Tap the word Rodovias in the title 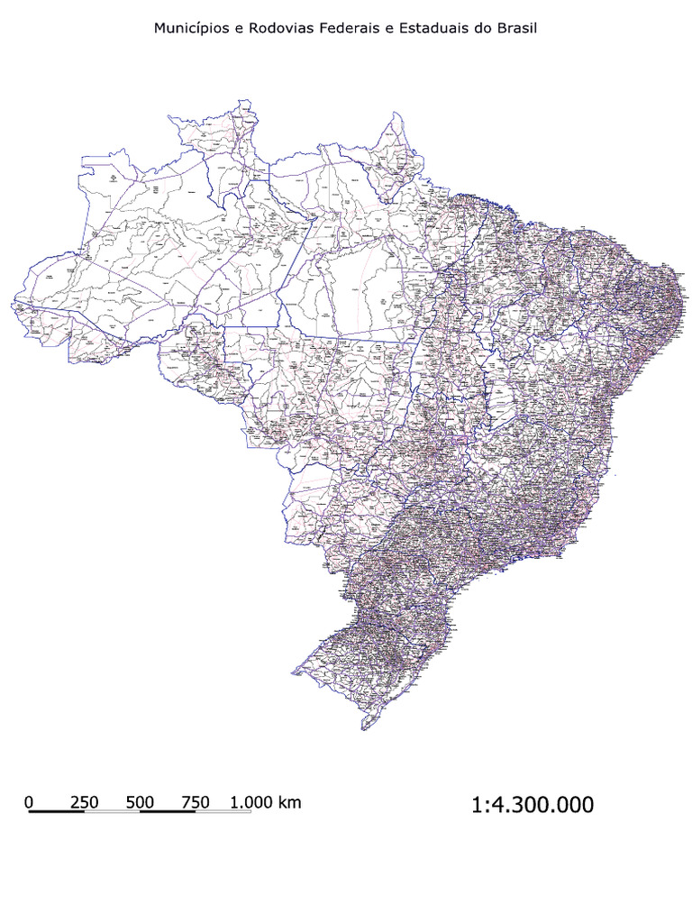[x=277, y=29]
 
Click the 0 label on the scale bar [x=30, y=801]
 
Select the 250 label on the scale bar [x=85, y=801]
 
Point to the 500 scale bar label [x=141, y=801]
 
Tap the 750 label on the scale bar [x=196, y=801]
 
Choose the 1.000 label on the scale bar [x=251, y=801]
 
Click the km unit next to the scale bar [x=290, y=801]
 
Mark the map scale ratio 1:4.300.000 [x=533, y=805]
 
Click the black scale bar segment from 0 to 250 [x=57, y=811]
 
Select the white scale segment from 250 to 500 [x=113, y=811]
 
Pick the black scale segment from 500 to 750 [x=168, y=811]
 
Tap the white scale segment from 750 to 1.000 [x=223, y=811]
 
